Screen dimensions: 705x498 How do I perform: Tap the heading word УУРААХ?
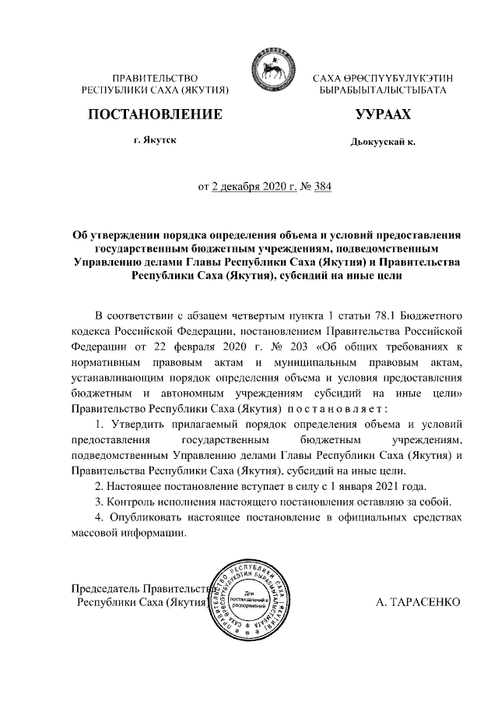(x=383, y=116)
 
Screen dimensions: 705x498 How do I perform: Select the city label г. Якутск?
(x=154, y=143)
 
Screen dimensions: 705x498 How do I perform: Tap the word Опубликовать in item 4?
(x=143, y=518)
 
